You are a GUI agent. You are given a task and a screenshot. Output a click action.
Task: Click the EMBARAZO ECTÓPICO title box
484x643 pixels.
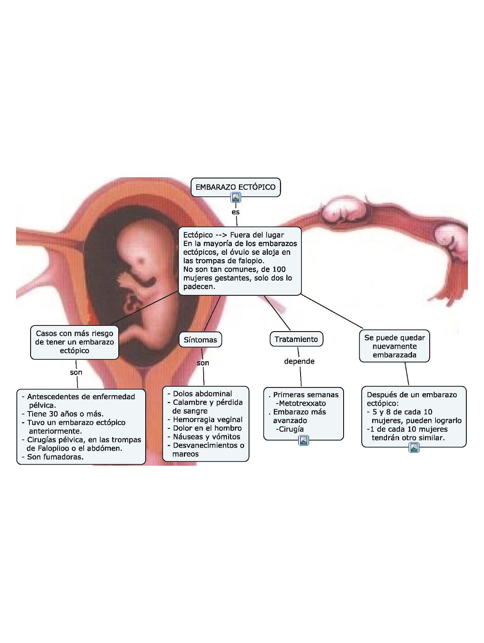click(x=235, y=187)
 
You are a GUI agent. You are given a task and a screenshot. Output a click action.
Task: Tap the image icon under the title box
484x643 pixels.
click(x=236, y=197)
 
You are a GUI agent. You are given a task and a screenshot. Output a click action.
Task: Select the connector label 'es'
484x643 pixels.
click(x=236, y=212)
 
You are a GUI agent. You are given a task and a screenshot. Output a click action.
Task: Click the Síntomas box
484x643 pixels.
click(x=200, y=340)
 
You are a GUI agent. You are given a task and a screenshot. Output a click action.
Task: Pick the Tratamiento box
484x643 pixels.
click(x=296, y=339)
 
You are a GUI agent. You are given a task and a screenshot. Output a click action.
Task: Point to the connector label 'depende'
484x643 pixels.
click(x=299, y=361)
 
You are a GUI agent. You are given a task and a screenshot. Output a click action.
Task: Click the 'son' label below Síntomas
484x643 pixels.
click(x=203, y=363)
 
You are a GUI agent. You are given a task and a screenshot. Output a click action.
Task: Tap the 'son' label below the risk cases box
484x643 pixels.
click(x=76, y=372)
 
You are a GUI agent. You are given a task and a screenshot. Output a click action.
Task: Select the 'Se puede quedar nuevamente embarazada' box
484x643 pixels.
click(x=394, y=346)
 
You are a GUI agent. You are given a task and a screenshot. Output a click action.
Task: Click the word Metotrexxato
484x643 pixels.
click(x=302, y=403)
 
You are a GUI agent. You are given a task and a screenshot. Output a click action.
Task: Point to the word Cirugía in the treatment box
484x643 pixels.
click(x=291, y=429)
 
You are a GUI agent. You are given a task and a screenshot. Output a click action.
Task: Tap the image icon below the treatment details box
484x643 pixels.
click(x=304, y=440)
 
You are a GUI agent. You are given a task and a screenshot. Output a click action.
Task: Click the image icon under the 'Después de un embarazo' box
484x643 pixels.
click(x=414, y=447)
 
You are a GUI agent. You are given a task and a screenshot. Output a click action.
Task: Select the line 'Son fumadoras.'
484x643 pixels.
click(x=55, y=457)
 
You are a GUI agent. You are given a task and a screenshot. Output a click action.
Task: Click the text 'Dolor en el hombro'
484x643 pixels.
click(x=207, y=428)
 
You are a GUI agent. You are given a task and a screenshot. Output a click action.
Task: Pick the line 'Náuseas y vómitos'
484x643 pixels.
click(x=206, y=436)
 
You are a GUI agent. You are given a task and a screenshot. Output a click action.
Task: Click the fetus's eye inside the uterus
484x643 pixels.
click(x=142, y=261)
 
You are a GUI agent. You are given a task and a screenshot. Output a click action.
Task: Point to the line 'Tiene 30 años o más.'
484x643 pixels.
click(x=65, y=414)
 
